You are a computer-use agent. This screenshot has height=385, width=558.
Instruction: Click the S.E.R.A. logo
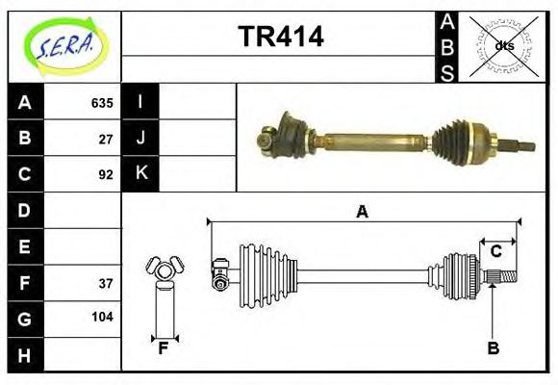tap(65, 43)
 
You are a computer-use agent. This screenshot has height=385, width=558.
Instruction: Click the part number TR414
tap(280, 37)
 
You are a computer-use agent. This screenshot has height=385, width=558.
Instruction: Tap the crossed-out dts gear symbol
tap(504, 45)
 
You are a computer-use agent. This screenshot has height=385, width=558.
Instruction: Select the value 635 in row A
tap(102, 103)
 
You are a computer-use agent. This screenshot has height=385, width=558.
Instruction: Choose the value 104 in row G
tap(102, 317)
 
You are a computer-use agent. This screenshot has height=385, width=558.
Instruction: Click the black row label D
tap(25, 210)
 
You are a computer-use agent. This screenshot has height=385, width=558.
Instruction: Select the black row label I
tap(140, 102)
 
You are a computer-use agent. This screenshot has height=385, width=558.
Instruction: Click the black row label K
tap(140, 174)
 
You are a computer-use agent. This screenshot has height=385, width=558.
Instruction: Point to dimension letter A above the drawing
tap(362, 212)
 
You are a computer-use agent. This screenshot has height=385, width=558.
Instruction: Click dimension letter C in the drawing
tap(495, 251)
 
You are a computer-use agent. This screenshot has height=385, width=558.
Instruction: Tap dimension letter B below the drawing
tap(493, 347)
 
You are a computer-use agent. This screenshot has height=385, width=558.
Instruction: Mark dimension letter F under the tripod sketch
tap(164, 348)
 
